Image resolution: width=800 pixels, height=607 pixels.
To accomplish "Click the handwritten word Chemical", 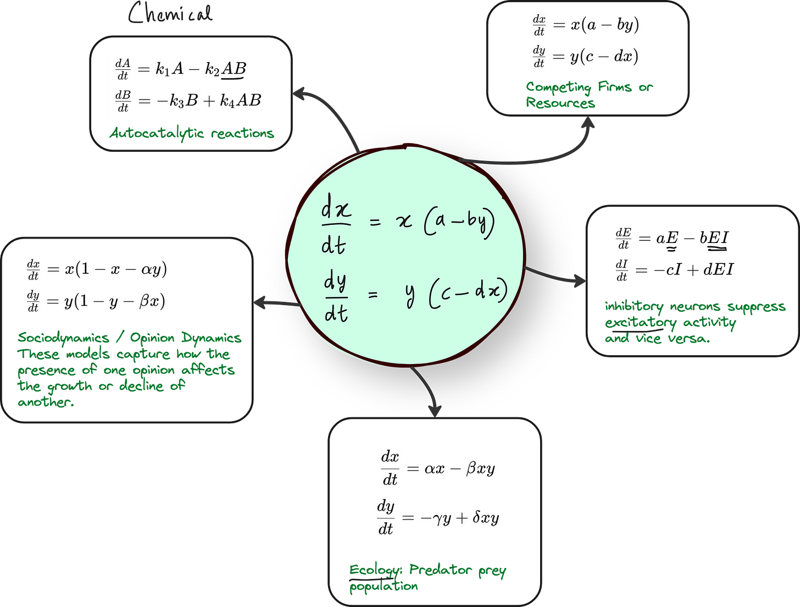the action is pos(170,14).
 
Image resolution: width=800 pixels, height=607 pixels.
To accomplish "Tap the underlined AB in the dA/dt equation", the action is pos(234,69).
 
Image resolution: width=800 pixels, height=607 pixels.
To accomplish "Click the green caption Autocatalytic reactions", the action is pos(192,133).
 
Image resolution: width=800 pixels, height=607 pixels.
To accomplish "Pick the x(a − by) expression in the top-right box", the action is pos(604,25).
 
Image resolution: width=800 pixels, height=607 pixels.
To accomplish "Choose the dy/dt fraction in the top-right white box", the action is pos(539,56).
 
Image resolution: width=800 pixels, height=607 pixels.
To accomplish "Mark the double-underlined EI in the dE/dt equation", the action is pos(718,239).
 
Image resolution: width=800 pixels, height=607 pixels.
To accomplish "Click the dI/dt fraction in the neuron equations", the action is pos(622,270).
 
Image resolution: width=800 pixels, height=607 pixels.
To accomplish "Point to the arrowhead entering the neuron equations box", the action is pos(580,282).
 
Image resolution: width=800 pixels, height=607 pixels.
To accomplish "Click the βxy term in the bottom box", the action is pos(480,469).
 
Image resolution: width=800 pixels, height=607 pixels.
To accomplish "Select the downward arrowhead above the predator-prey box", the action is pos(435,410).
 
